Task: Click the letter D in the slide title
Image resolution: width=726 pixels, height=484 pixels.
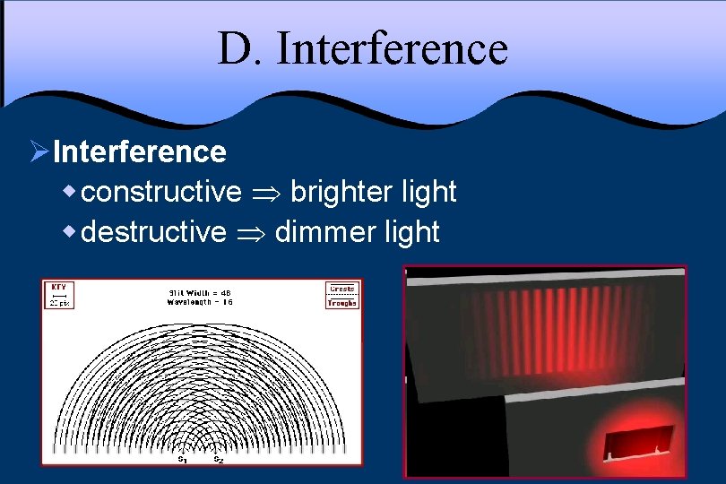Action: coord(234,49)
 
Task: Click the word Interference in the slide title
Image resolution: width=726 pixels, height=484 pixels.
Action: coord(392,49)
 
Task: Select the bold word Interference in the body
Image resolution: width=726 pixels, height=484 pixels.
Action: coord(139,151)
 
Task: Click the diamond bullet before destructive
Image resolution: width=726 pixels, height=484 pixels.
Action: coord(70,232)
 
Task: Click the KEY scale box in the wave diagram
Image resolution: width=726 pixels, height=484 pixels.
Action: coord(59,295)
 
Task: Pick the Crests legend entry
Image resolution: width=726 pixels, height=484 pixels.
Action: coord(342,289)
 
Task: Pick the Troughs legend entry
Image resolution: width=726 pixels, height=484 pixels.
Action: coord(342,303)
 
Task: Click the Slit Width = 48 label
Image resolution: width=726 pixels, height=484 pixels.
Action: coord(200,291)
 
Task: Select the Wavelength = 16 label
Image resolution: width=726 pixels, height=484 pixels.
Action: coord(200,301)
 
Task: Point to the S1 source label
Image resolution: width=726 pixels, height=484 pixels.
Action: coord(183,459)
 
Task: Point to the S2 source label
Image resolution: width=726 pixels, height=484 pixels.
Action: coord(218,459)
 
